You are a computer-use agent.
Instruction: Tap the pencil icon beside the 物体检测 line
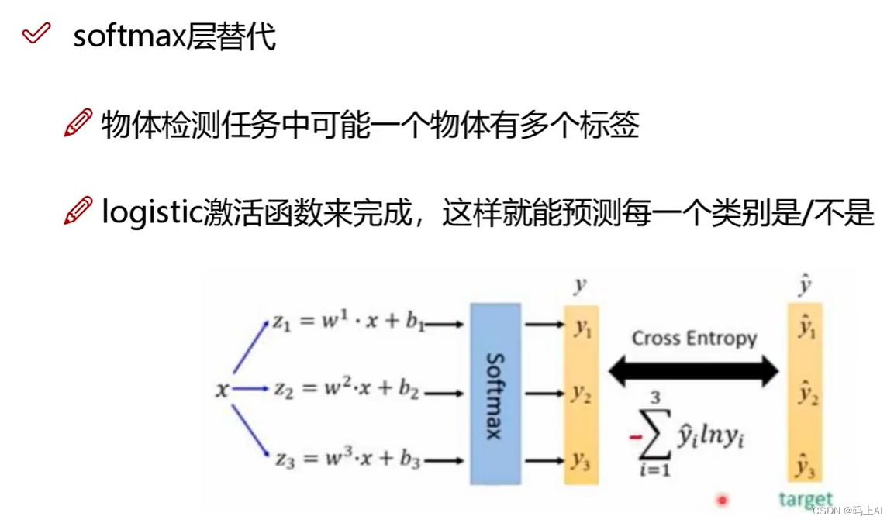[78, 123]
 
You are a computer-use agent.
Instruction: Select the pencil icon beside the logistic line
[78, 210]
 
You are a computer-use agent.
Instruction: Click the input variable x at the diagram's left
[223, 391]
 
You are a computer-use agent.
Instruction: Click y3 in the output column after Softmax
[581, 459]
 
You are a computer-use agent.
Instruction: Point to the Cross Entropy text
[694, 339]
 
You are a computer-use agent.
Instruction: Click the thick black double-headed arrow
[693, 371]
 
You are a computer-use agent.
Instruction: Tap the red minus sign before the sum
[636, 437]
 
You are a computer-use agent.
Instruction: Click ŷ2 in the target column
[807, 396]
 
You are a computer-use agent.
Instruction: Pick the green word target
[806, 499]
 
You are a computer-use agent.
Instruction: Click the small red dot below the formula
[723, 501]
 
